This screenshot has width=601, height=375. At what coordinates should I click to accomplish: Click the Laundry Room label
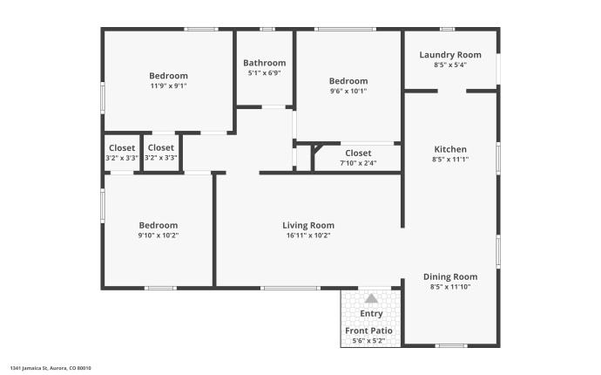pyautogui.click(x=449, y=55)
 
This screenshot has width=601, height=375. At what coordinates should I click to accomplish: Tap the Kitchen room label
pyautogui.click(x=449, y=149)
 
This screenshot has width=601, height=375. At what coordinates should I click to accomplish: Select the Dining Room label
pyautogui.click(x=449, y=276)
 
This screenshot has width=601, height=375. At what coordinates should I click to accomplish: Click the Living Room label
pyautogui.click(x=308, y=225)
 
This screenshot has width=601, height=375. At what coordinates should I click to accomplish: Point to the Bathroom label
pyautogui.click(x=264, y=63)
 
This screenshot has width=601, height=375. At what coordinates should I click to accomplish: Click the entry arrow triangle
pyautogui.click(x=371, y=298)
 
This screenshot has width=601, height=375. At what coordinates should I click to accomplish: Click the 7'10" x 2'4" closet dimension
pyautogui.click(x=357, y=161)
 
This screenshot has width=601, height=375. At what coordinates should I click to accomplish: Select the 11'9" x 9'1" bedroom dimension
pyautogui.click(x=168, y=85)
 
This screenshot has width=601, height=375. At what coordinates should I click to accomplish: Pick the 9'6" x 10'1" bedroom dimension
pyautogui.click(x=348, y=90)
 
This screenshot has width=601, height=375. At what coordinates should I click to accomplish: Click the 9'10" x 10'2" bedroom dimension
pyautogui.click(x=158, y=235)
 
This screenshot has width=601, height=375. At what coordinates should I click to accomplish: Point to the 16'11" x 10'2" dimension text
pyautogui.click(x=308, y=235)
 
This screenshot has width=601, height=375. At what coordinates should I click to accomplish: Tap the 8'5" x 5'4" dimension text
pyautogui.click(x=449, y=65)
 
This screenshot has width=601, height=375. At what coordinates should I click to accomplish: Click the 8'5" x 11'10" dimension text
pyautogui.click(x=449, y=287)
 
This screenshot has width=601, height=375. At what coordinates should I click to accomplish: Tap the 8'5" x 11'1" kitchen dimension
pyautogui.click(x=449, y=160)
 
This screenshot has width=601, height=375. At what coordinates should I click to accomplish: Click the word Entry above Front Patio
pyautogui.click(x=371, y=314)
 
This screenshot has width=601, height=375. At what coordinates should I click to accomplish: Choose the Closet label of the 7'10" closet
pyautogui.click(x=357, y=153)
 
